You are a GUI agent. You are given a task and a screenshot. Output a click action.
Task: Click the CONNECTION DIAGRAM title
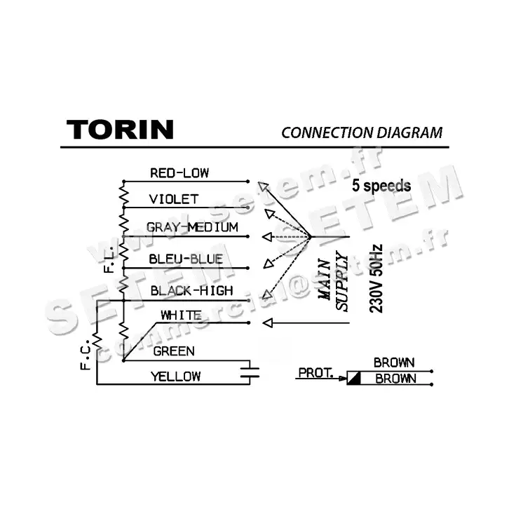click(x=362, y=132)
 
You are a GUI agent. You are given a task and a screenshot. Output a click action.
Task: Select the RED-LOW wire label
click(x=179, y=172)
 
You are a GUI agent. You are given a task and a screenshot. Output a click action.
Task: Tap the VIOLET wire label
click(x=174, y=200)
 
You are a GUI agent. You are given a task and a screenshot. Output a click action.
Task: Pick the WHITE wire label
click(x=181, y=315)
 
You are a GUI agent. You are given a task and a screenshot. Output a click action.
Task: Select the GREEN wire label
click(x=174, y=351)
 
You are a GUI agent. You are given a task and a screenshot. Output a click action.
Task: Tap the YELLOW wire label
click(x=175, y=376)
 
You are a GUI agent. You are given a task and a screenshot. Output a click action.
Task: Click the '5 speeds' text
click(x=382, y=186)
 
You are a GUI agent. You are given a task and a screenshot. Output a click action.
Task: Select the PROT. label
click(x=315, y=372)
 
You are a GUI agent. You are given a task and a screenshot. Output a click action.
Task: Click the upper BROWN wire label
click(x=394, y=363)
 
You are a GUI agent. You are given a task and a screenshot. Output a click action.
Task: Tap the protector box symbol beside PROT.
click(x=354, y=379)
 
